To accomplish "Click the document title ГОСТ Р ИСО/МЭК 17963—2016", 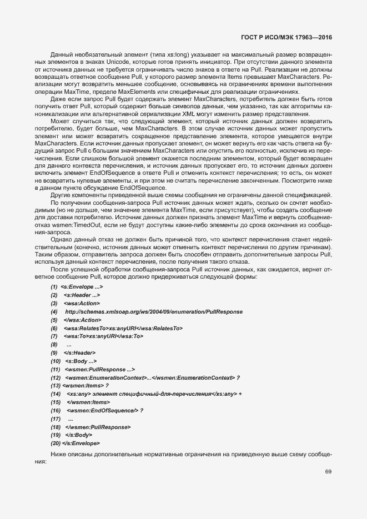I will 290,37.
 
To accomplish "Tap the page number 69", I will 328,472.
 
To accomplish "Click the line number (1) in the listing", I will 54,286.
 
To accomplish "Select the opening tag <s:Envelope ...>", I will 82,286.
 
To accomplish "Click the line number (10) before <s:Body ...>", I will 56,361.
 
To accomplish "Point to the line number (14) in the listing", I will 56,394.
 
